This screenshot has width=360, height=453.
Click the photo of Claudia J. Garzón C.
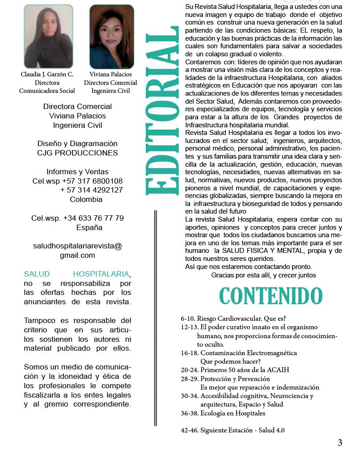pos(48,37)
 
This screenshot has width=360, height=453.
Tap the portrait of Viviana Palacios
pos(111,37)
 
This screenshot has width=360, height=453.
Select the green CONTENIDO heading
pos(271,296)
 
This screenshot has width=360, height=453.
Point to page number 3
pos(340,443)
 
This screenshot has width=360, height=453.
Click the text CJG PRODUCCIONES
pos(77,153)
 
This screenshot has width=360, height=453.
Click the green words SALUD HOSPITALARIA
pos(76,273)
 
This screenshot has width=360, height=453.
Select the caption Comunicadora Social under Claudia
pos(47,91)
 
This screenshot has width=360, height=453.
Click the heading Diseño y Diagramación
pos(77,143)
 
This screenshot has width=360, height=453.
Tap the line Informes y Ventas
pos(77,172)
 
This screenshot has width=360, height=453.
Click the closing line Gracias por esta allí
pos(263,275)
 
